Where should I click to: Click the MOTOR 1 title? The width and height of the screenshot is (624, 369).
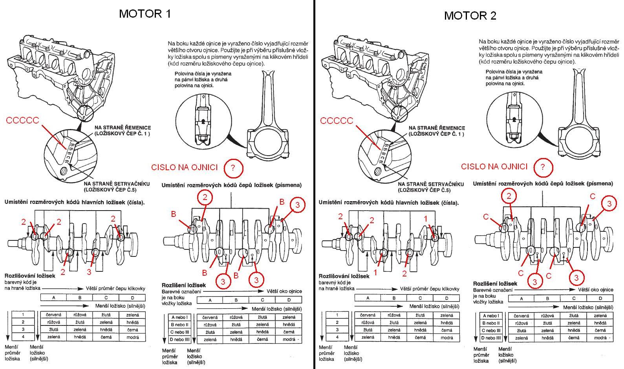point(145,14)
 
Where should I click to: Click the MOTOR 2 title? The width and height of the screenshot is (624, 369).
point(470,15)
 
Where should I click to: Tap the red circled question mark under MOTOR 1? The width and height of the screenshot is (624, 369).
point(233,168)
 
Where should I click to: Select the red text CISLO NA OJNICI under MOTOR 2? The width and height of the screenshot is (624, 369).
point(494,167)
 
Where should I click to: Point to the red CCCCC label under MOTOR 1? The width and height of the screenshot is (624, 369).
point(23,120)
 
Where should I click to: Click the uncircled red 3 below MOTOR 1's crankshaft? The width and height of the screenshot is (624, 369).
point(89,271)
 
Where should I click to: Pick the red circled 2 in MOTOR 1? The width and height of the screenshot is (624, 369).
point(205,198)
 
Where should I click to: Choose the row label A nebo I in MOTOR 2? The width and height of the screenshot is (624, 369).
point(491,316)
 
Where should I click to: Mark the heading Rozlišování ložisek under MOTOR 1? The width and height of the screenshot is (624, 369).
point(30,276)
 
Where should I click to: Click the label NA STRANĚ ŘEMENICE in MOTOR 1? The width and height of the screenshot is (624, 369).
point(123,128)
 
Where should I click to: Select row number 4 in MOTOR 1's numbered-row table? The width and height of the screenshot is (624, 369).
point(23,336)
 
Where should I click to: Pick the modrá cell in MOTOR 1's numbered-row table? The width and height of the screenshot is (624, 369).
point(133,337)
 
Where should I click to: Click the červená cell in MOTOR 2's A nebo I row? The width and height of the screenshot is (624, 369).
point(521,316)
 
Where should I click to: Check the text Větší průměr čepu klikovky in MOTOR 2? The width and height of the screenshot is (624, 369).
point(430,289)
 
